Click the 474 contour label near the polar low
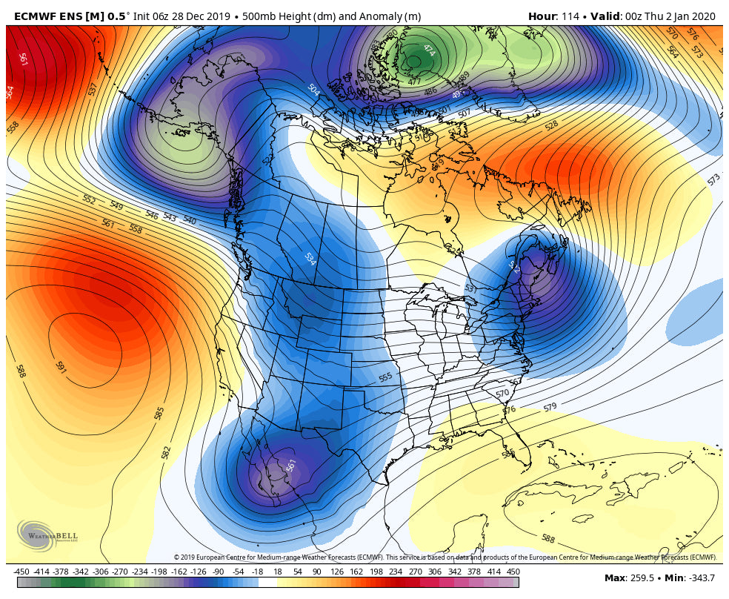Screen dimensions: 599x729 point(429,50)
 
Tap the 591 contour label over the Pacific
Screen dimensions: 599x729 point(61,367)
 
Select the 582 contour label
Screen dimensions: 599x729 point(167,451)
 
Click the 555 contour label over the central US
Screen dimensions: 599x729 point(385,377)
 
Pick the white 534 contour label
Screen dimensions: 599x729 point(310,259)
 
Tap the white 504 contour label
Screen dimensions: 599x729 point(313,90)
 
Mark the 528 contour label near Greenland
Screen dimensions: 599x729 point(551,126)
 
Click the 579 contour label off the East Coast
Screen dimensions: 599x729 point(550,407)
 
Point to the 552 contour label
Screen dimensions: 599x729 point(90,199)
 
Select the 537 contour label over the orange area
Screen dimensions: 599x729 point(93,89)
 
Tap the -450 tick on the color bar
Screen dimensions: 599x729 point(21,572)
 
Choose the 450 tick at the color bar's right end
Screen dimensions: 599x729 point(513,572)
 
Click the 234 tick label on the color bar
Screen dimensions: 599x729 point(396,572)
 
